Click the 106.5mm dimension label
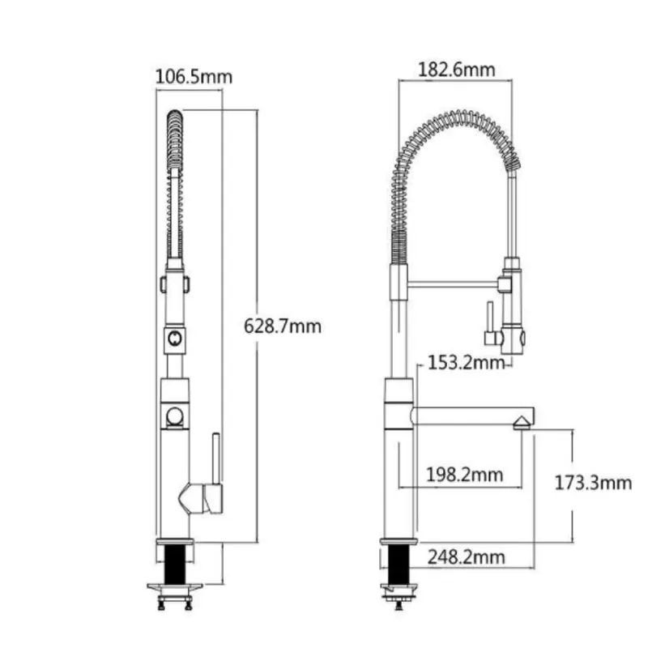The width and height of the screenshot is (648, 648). pyautogui.click(x=194, y=78)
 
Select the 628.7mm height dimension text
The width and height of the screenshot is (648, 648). pyautogui.click(x=283, y=326)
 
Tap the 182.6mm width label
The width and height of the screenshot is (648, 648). pyautogui.click(x=456, y=70)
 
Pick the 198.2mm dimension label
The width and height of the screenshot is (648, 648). pyautogui.click(x=464, y=474)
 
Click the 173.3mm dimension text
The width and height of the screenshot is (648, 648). pyautogui.click(x=593, y=484)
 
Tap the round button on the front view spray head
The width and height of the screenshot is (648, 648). pyautogui.click(x=174, y=339)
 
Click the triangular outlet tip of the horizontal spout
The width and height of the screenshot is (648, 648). pyautogui.click(x=522, y=420)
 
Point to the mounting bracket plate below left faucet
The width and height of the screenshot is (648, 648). pyautogui.click(x=174, y=587)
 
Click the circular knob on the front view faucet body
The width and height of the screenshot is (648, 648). pyautogui.click(x=174, y=417)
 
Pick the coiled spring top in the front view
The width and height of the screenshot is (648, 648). pyautogui.click(x=175, y=122)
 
